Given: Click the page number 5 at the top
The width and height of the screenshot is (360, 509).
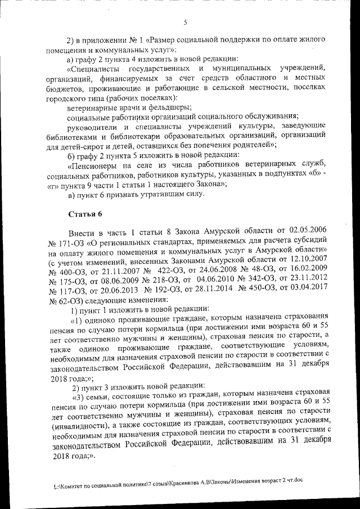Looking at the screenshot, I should point(184,22).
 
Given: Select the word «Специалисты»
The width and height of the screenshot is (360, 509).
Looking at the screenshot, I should point(94,69).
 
